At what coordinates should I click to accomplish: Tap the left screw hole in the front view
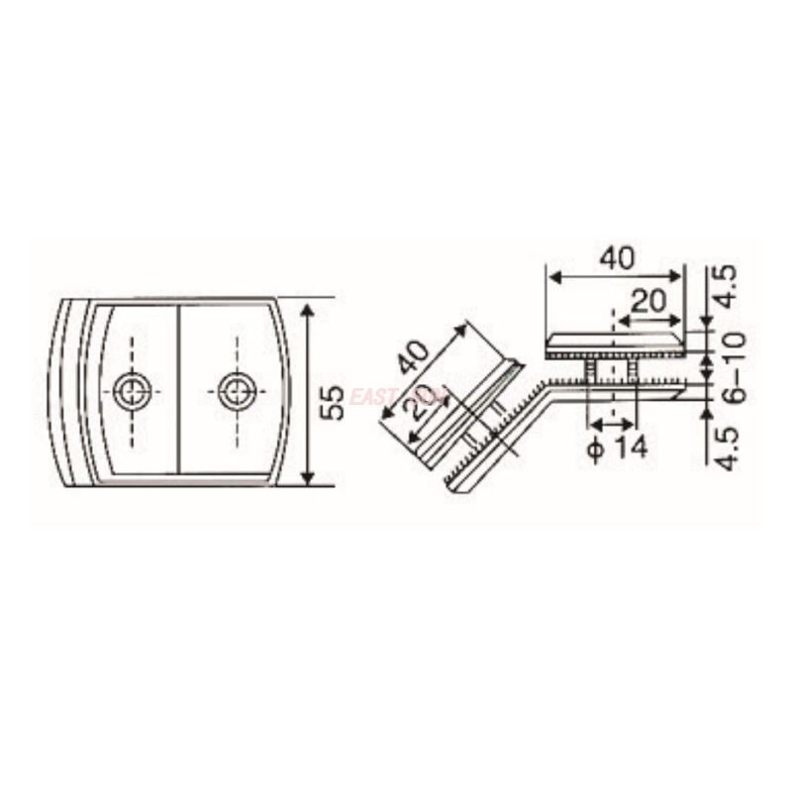point(132,391)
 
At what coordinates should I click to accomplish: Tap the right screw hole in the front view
point(237,391)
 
